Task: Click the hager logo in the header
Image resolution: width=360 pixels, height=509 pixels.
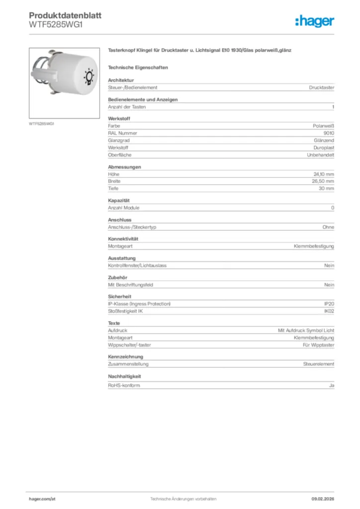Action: tap(315, 21)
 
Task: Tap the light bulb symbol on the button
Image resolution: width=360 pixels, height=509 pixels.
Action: tap(89, 77)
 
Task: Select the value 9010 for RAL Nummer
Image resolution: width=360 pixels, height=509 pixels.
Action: tap(329, 133)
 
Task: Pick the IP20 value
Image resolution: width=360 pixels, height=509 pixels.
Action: tap(329, 304)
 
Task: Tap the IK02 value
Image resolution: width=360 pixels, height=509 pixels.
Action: tap(329, 311)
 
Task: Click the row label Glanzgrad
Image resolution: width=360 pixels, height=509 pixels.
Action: tap(118, 141)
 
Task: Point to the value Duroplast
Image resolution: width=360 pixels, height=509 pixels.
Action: tap(324, 148)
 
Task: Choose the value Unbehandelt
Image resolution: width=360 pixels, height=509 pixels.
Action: tap(321, 155)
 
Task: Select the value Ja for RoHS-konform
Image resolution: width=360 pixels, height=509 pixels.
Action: tap(332, 385)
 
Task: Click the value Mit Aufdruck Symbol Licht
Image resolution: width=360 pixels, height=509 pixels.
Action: tap(306, 330)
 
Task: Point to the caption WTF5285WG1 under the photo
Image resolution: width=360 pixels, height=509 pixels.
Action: tap(41, 124)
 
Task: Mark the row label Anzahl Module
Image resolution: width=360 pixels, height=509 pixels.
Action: tap(123, 207)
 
